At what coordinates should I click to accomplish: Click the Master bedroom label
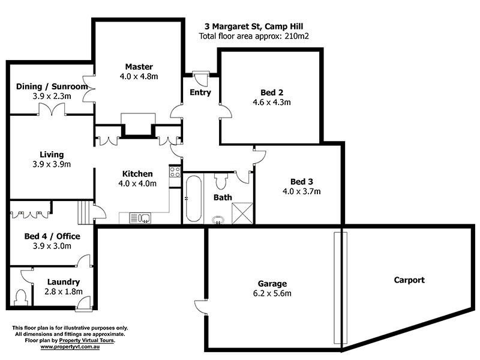139,67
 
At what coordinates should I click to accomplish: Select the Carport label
409,280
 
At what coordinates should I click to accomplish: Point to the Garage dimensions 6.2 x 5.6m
272,293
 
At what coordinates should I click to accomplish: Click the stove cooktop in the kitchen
175,172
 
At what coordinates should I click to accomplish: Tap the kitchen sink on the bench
143,218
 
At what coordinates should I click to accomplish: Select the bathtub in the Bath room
192,199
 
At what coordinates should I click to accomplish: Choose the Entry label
200,92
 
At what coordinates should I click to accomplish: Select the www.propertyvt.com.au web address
70,347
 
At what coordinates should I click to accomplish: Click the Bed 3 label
301,182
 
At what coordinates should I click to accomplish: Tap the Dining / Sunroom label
52,86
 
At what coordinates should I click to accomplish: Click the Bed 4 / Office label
52,236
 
